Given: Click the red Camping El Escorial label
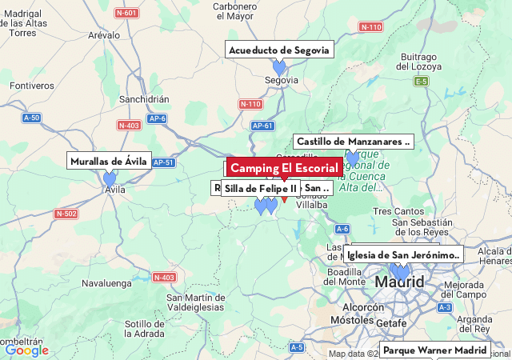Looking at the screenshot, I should tap(284, 168).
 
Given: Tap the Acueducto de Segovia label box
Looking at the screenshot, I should tap(278, 50).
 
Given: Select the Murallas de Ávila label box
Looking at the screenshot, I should tap(109, 161).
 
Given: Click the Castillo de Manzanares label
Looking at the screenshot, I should tap(353, 142).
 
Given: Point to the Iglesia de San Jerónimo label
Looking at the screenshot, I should tap(403, 255).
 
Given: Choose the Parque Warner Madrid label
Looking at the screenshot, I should tap(434, 350).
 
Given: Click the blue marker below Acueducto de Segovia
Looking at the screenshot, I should tap(279, 68).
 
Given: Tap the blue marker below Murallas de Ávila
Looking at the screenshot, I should tap(110, 179).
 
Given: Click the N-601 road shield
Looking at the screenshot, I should tap(126, 13).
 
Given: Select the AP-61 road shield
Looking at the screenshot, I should tap(262, 126).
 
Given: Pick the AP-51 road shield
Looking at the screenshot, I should tap(162, 162).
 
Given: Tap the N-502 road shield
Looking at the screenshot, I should tap(66, 214).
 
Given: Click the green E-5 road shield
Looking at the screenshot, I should tap(422, 82).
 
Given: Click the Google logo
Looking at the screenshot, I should tap(26, 350).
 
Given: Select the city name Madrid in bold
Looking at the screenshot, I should tap(399, 282).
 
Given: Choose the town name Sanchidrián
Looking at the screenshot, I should tap(144, 99).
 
